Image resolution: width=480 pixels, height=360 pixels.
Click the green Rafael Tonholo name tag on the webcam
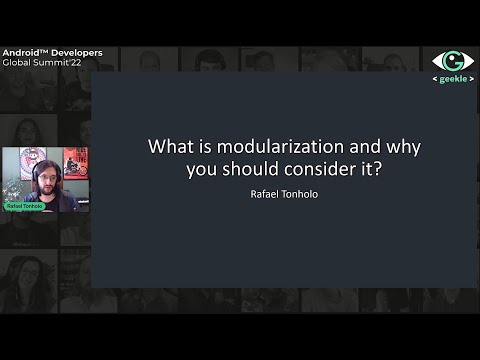[x=24, y=206]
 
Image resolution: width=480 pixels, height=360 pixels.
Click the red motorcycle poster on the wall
[x=76, y=162]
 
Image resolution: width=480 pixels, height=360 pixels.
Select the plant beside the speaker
[x=11, y=190]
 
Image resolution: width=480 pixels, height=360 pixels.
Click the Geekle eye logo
[x=452, y=60]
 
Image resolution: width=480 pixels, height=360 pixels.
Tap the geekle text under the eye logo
[x=453, y=78]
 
